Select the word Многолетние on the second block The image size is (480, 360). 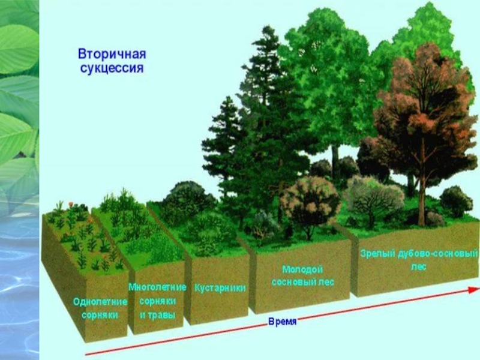157,287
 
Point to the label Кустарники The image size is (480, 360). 220,288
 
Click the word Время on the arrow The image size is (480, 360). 282,322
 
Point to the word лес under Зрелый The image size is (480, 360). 419,267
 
